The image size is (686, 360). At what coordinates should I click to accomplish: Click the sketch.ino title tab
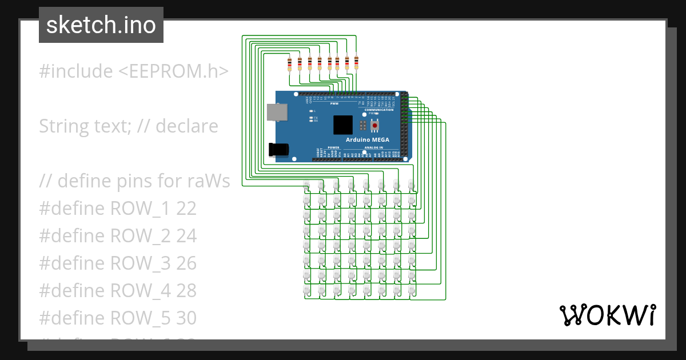point(101,25)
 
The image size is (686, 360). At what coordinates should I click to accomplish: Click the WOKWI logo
point(607,315)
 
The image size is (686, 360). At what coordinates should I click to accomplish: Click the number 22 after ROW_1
point(186,209)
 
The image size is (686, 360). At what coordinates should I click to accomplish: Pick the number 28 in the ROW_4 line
point(186,291)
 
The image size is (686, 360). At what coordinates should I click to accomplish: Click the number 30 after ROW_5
point(186,318)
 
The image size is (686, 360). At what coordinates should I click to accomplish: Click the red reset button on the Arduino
point(375,125)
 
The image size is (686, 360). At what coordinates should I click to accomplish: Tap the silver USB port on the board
point(277,112)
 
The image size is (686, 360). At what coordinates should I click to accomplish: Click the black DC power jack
point(278,150)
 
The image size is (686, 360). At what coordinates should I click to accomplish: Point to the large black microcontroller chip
point(343,125)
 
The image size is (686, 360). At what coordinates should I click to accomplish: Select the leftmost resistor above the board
point(290,63)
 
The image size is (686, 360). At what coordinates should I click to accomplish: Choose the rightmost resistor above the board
point(356,62)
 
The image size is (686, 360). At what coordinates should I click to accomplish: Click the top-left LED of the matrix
point(306,186)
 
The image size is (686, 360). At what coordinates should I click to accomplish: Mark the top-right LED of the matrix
point(410,186)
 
